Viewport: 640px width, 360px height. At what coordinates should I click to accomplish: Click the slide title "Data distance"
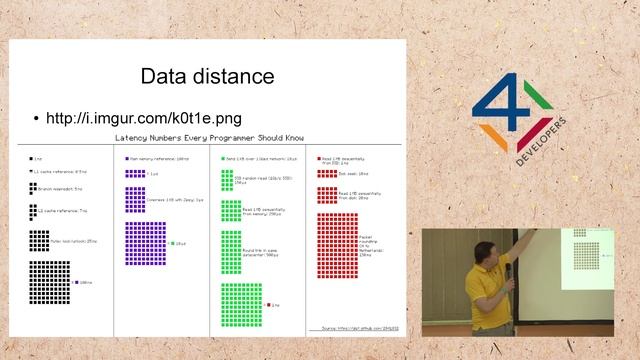(x=207, y=76)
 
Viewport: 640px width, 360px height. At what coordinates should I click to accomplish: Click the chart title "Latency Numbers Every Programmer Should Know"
(x=209, y=138)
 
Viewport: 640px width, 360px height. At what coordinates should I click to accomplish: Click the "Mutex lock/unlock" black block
(x=39, y=241)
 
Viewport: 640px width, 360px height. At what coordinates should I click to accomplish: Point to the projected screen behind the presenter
(x=580, y=260)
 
